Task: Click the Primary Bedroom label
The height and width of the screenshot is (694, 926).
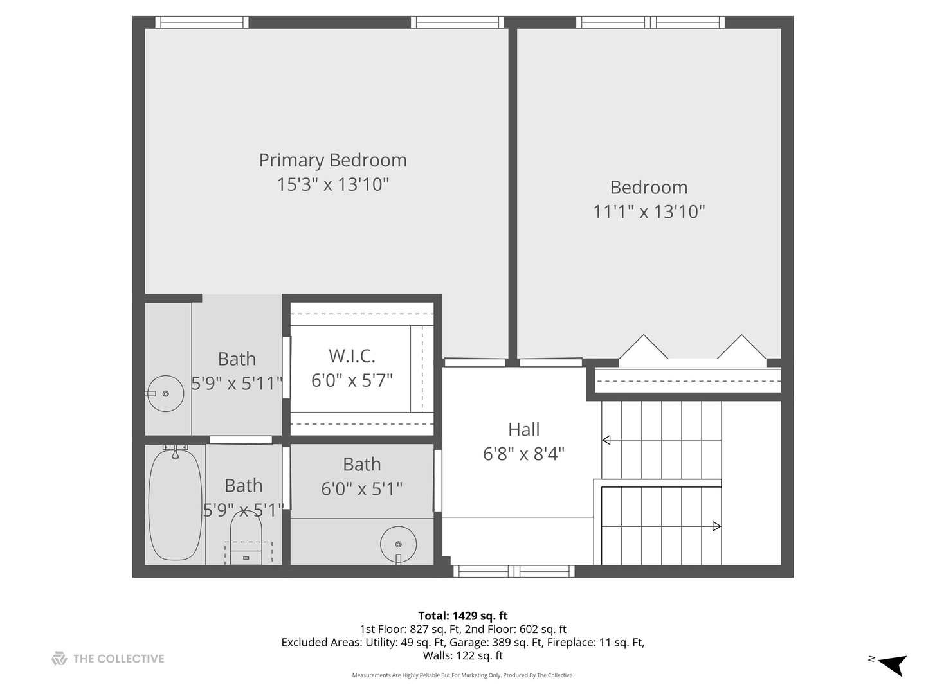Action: pyautogui.click(x=332, y=160)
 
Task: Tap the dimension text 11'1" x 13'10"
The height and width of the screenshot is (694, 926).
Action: pyautogui.click(x=649, y=211)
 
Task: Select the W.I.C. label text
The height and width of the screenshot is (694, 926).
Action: pyautogui.click(x=352, y=356)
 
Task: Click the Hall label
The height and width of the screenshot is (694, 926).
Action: pyautogui.click(x=523, y=429)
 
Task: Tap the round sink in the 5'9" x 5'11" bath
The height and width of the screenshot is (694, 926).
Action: pyautogui.click(x=165, y=393)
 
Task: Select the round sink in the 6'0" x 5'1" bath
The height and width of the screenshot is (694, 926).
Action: pyautogui.click(x=398, y=544)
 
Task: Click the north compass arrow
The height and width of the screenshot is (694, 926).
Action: pyautogui.click(x=892, y=664)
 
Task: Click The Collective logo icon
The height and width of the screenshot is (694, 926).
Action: pyautogui.click(x=59, y=659)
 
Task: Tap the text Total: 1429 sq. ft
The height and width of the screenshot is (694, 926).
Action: pyautogui.click(x=462, y=616)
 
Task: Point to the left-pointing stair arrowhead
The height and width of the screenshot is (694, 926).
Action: pyautogui.click(x=606, y=440)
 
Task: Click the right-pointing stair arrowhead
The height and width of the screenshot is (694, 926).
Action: pyautogui.click(x=716, y=526)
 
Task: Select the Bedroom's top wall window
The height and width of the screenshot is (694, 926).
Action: pyautogui.click(x=650, y=22)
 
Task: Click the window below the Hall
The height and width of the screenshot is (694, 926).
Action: pyautogui.click(x=514, y=571)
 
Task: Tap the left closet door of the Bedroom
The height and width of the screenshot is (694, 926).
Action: pyautogui.click(x=643, y=347)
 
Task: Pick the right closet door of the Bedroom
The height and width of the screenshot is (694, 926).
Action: pyautogui.click(x=741, y=347)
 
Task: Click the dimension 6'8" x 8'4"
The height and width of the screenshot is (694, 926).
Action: pyautogui.click(x=523, y=454)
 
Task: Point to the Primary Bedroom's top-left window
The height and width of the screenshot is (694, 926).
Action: pyautogui.click(x=201, y=22)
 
